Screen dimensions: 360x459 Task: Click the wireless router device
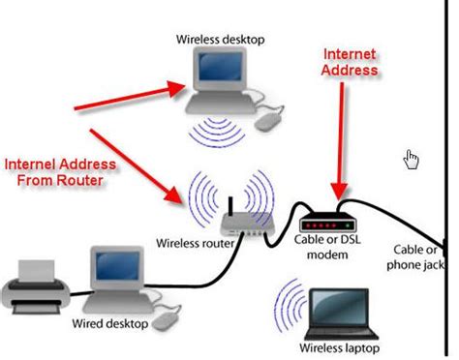[x=238, y=224]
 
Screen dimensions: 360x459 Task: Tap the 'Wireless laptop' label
[x=339, y=346]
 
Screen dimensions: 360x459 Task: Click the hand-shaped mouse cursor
[x=412, y=159]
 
